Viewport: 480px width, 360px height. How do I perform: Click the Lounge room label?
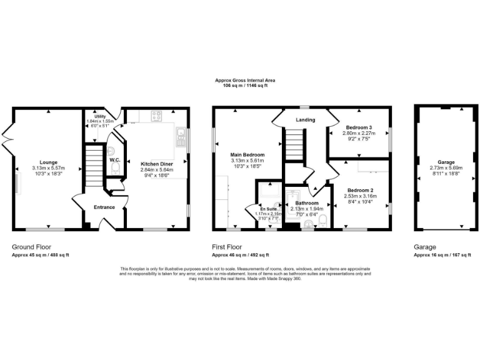49,162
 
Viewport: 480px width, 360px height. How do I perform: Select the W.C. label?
115,160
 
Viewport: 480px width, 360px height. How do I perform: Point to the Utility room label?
100,116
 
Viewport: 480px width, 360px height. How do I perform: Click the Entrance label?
104,207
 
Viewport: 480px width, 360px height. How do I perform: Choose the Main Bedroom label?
248,155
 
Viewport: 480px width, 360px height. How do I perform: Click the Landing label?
306,119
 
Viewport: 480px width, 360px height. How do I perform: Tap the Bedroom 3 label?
358,127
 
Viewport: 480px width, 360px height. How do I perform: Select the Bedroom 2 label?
360,190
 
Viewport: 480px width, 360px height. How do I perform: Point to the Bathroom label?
307,203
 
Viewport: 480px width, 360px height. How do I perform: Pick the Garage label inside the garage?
445,161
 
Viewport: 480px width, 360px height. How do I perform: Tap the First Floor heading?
227,247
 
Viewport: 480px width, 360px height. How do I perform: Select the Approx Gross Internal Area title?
245,81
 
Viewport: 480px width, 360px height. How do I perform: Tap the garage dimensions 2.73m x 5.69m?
445,168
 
